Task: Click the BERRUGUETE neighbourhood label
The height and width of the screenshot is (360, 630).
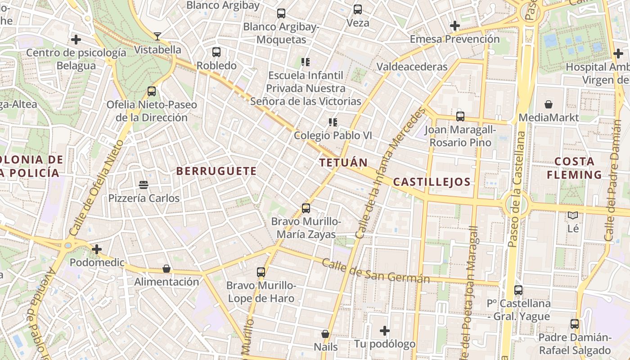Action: click(x=216, y=171)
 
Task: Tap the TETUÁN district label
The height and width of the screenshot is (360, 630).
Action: click(x=343, y=162)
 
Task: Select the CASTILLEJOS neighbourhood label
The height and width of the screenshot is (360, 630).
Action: click(x=432, y=182)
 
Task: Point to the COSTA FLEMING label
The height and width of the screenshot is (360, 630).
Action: click(x=578, y=168)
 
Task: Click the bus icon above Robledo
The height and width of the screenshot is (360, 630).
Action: click(x=216, y=52)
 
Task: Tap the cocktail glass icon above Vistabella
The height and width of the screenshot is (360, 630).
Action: click(x=157, y=36)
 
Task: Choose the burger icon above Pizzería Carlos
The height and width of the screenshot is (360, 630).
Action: click(x=144, y=185)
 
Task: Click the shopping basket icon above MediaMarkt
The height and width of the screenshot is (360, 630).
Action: click(x=549, y=104)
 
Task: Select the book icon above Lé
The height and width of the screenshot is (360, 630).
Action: click(x=573, y=216)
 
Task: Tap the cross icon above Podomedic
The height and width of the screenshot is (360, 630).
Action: click(x=97, y=249)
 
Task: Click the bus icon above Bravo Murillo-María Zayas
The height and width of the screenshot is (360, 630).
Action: click(x=306, y=208)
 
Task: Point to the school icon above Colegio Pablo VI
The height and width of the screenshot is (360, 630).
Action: click(x=333, y=122)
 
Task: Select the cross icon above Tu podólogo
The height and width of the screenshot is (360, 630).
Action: click(x=385, y=331)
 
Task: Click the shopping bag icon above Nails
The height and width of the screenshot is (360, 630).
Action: click(x=325, y=334)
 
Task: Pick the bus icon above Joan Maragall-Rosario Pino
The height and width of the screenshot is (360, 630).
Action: click(x=460, y=117)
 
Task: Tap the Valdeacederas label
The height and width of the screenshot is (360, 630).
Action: click(x=412, y=67)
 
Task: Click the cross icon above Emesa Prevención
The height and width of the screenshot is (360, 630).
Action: click(x=455, y=26)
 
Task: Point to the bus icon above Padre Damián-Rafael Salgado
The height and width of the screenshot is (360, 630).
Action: click(x=575, y=324)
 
